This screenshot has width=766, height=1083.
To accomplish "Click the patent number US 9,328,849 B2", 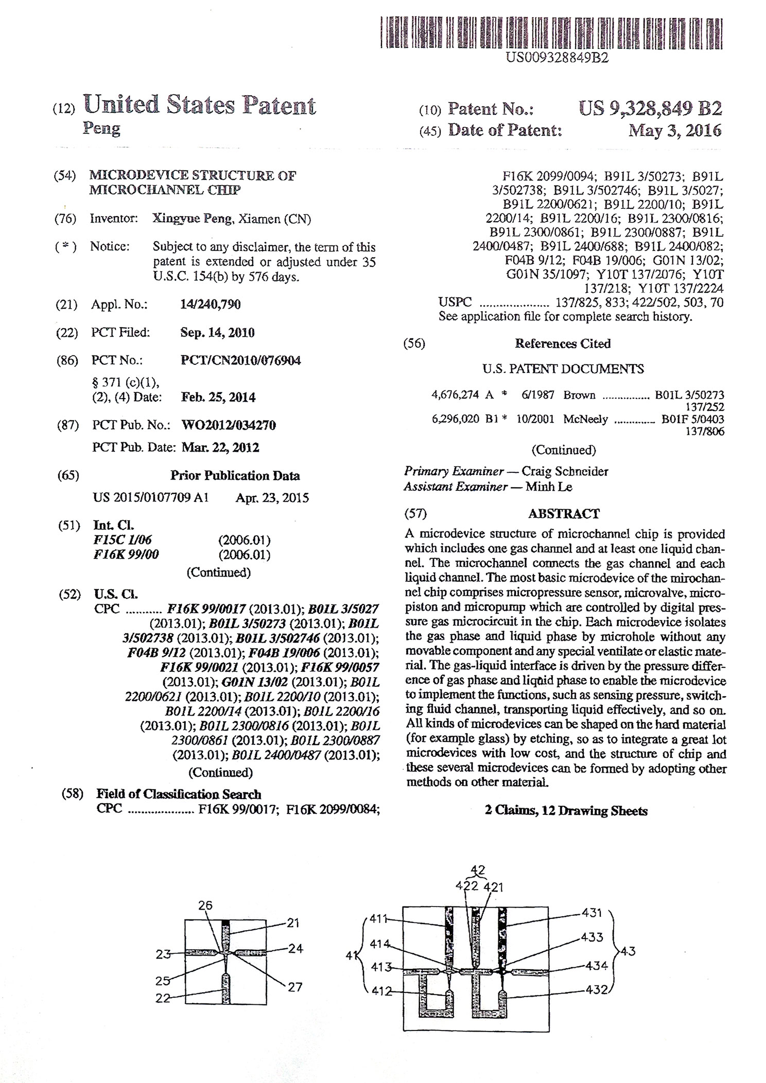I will [x=650, y=108].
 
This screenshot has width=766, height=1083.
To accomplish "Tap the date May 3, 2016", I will [x=674, y=130].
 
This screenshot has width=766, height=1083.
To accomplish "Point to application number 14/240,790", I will [x=210, y=304].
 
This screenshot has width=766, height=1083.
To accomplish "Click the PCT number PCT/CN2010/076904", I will [x=240, y=360].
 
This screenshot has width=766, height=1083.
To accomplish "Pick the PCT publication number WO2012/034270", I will [x=229, y=425].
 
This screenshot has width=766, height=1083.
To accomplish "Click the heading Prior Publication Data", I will [x=235, y=475].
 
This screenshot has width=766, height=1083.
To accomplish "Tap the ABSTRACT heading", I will [x=564, y=513].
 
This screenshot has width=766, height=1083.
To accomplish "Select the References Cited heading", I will [x=563, y=343].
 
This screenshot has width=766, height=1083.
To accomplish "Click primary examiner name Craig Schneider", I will [x=565, y=471].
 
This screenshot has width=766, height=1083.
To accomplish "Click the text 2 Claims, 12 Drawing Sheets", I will [x=566, y=811].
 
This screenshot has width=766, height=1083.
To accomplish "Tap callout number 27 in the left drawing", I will [x=294, y=987].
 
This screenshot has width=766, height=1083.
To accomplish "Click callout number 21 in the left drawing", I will [x=293, y=923].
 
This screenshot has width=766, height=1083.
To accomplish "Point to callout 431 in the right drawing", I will [x=592, y=913].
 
